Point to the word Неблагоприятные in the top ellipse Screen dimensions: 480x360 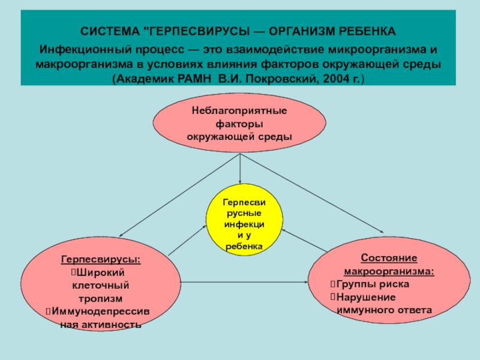coord(239,111)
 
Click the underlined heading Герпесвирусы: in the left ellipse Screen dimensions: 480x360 coord(101,260)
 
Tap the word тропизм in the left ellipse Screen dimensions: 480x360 coord(101,298)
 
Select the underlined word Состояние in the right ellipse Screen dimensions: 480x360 coord(389,257)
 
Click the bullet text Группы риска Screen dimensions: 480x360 coord(373,284)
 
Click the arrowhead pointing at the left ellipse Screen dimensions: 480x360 coord(122,235)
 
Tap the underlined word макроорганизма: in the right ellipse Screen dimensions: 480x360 coord(389,271)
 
